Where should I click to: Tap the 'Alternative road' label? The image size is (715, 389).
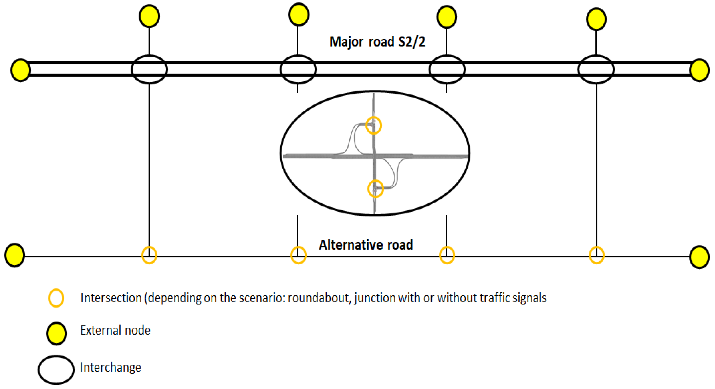(366, 245)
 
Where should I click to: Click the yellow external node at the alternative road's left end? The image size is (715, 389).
(14, 255)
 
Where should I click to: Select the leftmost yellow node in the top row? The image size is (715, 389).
(149, 16)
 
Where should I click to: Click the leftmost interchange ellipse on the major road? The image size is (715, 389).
(149, 69)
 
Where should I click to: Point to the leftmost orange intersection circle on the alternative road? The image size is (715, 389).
(149, 255)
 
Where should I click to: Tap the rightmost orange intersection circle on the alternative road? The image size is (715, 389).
(596, 255)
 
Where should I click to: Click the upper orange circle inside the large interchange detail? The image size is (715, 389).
(374, 125)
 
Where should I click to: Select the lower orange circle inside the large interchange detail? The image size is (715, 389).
(375, 189)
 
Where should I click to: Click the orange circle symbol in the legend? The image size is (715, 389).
(56, 298)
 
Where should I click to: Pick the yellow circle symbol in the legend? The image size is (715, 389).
(56, 333)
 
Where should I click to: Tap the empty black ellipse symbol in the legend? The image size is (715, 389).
(56, 370)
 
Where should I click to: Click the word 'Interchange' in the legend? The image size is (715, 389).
(110, 367)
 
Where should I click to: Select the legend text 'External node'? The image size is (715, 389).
(115, 330)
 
